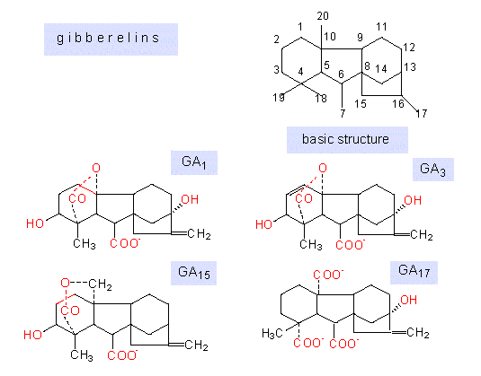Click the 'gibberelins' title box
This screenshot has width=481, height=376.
(111, 39)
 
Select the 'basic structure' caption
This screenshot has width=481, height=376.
(347, 140)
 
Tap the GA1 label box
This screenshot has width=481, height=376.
(194, 162)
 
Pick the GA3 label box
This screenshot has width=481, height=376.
(432, 170)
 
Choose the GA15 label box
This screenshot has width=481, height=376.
(193, 273)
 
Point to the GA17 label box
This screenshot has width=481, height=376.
(414, 272)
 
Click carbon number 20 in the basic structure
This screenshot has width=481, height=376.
(323, 16)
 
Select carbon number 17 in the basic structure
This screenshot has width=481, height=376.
(422, 114)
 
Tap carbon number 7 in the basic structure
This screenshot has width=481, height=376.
(343, 113)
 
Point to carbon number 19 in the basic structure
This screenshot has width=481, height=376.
(279, 98)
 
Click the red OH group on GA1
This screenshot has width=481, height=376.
(190, 199)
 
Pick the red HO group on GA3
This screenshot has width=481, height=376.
(264, 224)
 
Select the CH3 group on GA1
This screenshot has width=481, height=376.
(85, 244)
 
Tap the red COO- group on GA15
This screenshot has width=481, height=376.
(122, 355)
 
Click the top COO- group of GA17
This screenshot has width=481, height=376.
(328, 275)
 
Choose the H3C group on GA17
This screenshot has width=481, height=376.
(272, 333)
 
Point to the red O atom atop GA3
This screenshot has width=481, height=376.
(323, 168)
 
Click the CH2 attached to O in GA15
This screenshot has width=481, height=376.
(100, 284)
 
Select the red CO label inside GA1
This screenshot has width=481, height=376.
(77, 198)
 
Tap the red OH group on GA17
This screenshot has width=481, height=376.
(408, 300)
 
